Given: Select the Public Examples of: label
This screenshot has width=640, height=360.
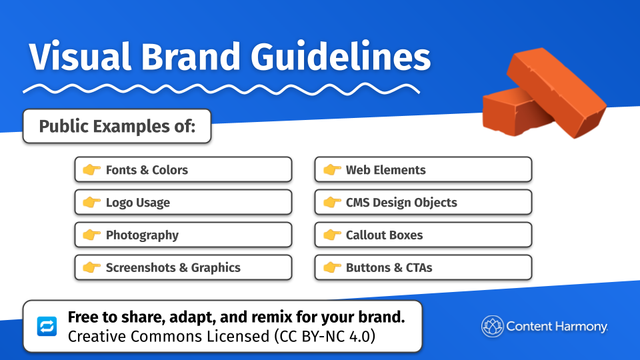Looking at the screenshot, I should tap(117, 126).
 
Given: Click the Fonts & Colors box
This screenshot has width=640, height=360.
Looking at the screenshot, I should tap(183, 170).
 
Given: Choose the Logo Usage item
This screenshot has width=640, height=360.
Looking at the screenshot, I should tap(183, 203).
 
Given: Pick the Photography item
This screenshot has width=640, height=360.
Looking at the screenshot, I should tap(183, 235).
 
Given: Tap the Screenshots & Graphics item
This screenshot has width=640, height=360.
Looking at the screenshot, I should tap(183, 268).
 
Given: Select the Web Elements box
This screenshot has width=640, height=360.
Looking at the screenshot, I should tap(423, 170).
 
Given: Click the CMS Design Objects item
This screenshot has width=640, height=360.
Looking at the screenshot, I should tap(423, 203).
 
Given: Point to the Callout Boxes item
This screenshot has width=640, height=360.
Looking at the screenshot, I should tap(423, 235).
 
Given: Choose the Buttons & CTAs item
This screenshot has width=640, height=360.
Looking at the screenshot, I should tap(423, 268).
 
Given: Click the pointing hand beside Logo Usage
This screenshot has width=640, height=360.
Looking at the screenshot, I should tap(91, 203).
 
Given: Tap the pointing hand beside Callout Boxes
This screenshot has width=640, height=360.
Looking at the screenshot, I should tap(331, 235).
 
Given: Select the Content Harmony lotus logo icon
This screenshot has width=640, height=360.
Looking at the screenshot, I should tap(492, 327).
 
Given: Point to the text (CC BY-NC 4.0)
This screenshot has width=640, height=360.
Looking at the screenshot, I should tap(323, 336).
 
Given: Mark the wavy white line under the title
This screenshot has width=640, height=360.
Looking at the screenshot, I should tap(220, 89).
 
